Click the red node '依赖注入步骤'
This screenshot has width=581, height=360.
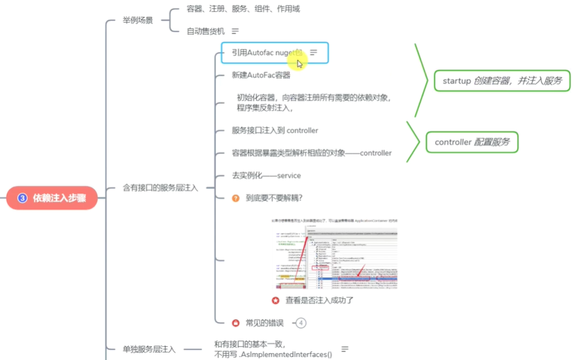point(52,198)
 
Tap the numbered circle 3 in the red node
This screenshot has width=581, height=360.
point(22,198)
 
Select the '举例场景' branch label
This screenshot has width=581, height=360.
point(138,20)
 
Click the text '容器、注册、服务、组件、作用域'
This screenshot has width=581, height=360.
point(243,9)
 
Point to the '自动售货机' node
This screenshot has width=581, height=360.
point(205,31)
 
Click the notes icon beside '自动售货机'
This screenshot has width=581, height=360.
point(236,31)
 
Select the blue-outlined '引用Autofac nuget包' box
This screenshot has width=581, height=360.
point(275,52)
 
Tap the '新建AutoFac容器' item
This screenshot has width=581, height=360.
point(261,75)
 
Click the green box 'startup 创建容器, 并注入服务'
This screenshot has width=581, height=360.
point(502,81)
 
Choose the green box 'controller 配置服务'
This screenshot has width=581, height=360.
point(472,142)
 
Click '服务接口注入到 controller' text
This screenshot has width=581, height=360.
point(275,130)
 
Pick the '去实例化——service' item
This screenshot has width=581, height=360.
point(266,175)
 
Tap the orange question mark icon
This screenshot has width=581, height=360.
point(236,198)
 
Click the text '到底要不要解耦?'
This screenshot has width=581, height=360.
point(274,198)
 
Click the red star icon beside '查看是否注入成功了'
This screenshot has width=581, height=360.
point(275,300)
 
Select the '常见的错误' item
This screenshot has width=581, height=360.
point(266,323)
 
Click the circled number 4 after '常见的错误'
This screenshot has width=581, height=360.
point(301,323)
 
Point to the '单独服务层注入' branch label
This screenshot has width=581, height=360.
point(149,349)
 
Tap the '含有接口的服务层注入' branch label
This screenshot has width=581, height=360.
point(160,188)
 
